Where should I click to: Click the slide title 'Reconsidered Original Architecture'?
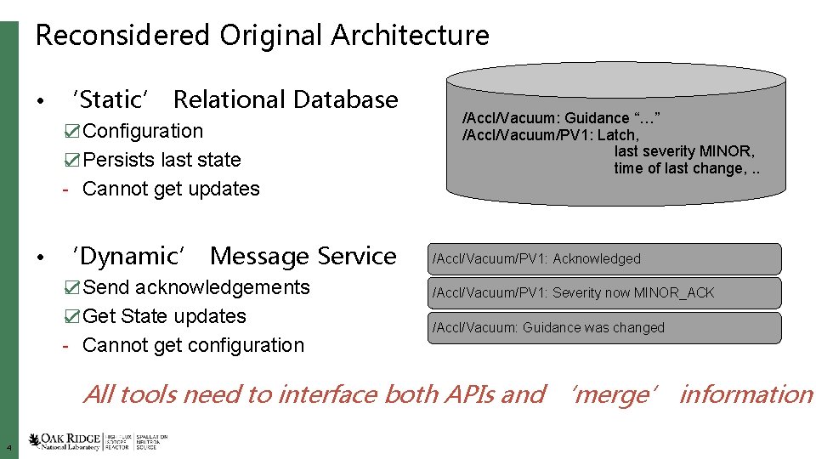coord(262,36)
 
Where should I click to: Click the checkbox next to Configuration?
coord(73,132)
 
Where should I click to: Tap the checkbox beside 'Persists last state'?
coord(73,161)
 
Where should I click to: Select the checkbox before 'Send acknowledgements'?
coord(73,288)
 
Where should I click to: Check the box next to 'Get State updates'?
coord(73,317)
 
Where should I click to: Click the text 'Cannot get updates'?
coord(171,189)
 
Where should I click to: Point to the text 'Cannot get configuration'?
coord(193,345)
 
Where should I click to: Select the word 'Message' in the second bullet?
coord(259,257)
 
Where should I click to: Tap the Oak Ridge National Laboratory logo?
coord(65,441)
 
